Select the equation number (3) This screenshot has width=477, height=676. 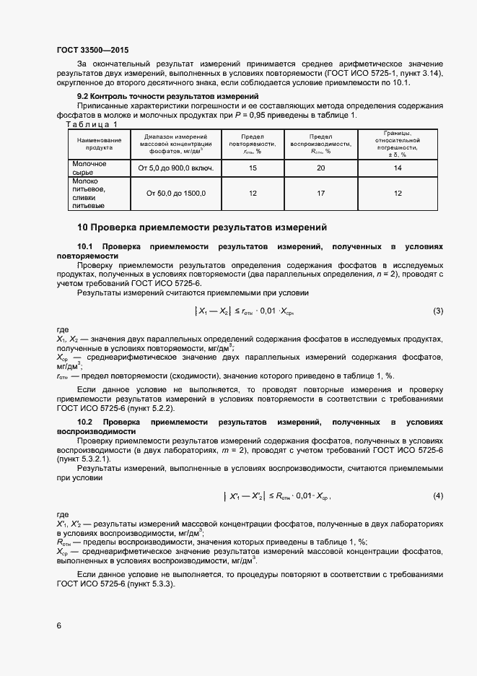click(437, 311)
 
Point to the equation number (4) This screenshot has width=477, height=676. click(437, 496)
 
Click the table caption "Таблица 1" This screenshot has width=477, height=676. click(91, 123)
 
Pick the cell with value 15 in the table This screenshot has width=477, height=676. click(253, 168)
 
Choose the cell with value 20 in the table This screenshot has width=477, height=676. click(320, 168)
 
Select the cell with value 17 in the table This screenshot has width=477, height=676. click(320, 194)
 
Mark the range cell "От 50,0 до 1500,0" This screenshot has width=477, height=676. click(176, 194)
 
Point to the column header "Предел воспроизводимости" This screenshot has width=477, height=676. click(320, 143)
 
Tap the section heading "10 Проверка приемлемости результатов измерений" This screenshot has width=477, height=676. click(202, 226)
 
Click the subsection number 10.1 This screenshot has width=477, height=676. click(85, 246)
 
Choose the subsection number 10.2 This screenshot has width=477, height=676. click(85, 421)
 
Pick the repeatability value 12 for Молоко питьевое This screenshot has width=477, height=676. click(253, 194)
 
